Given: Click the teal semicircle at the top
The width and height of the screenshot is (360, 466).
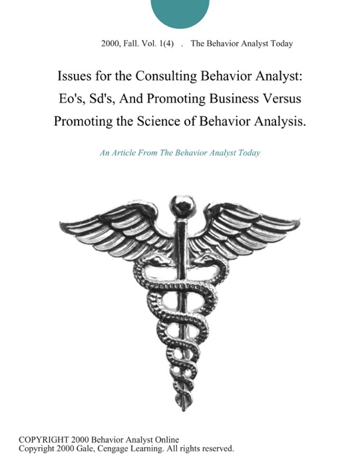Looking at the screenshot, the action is [x=180, y=11].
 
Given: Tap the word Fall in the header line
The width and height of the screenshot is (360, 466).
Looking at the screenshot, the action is [x=137, y=43].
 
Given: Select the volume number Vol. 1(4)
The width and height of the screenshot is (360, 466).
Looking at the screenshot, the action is [x=164, y=43].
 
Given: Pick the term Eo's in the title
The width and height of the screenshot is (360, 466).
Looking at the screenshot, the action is [x=70, y=99].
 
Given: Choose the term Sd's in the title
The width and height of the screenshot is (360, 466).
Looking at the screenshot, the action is [x=108, y=99].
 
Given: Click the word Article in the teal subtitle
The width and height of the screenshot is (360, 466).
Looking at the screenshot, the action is [x=130, y=152].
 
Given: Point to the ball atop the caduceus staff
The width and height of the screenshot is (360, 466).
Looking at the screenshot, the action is [x=180, y=202].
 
